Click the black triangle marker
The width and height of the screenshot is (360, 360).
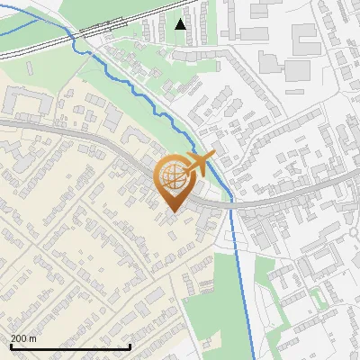(x=181, y=24)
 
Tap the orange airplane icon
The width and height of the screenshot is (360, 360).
(x=200, y=164)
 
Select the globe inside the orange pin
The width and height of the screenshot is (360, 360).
(x=172, y=178)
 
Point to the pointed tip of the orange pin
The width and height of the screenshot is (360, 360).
(x=172, y=211)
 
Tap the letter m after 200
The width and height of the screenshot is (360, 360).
(x=33, y=338)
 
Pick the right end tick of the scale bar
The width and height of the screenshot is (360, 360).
(x=130, y=346)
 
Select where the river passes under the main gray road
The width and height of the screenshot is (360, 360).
(x=230, y=202)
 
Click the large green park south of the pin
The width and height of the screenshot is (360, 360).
(x=211, y=297)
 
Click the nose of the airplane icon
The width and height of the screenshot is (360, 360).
(x=214, y=156)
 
